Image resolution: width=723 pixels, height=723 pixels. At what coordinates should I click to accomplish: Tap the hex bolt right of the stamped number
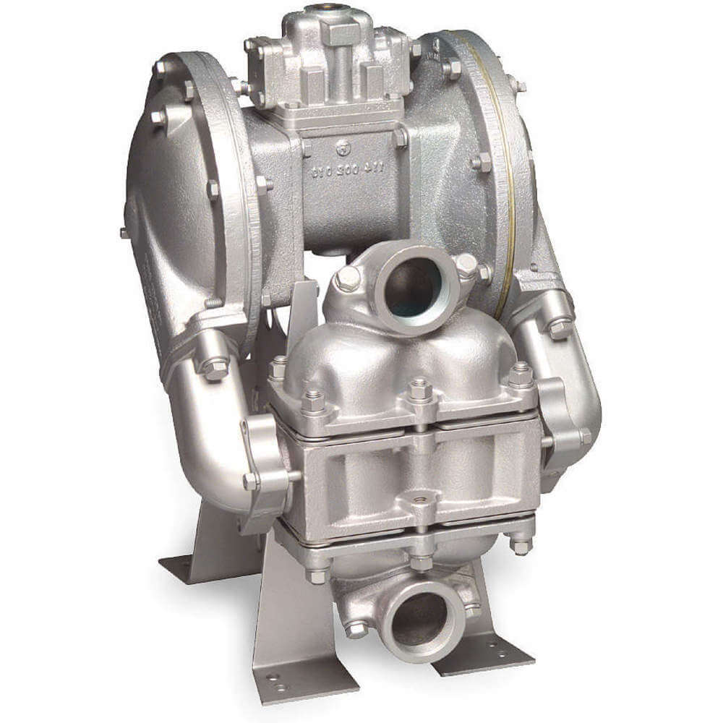coord(400,138)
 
